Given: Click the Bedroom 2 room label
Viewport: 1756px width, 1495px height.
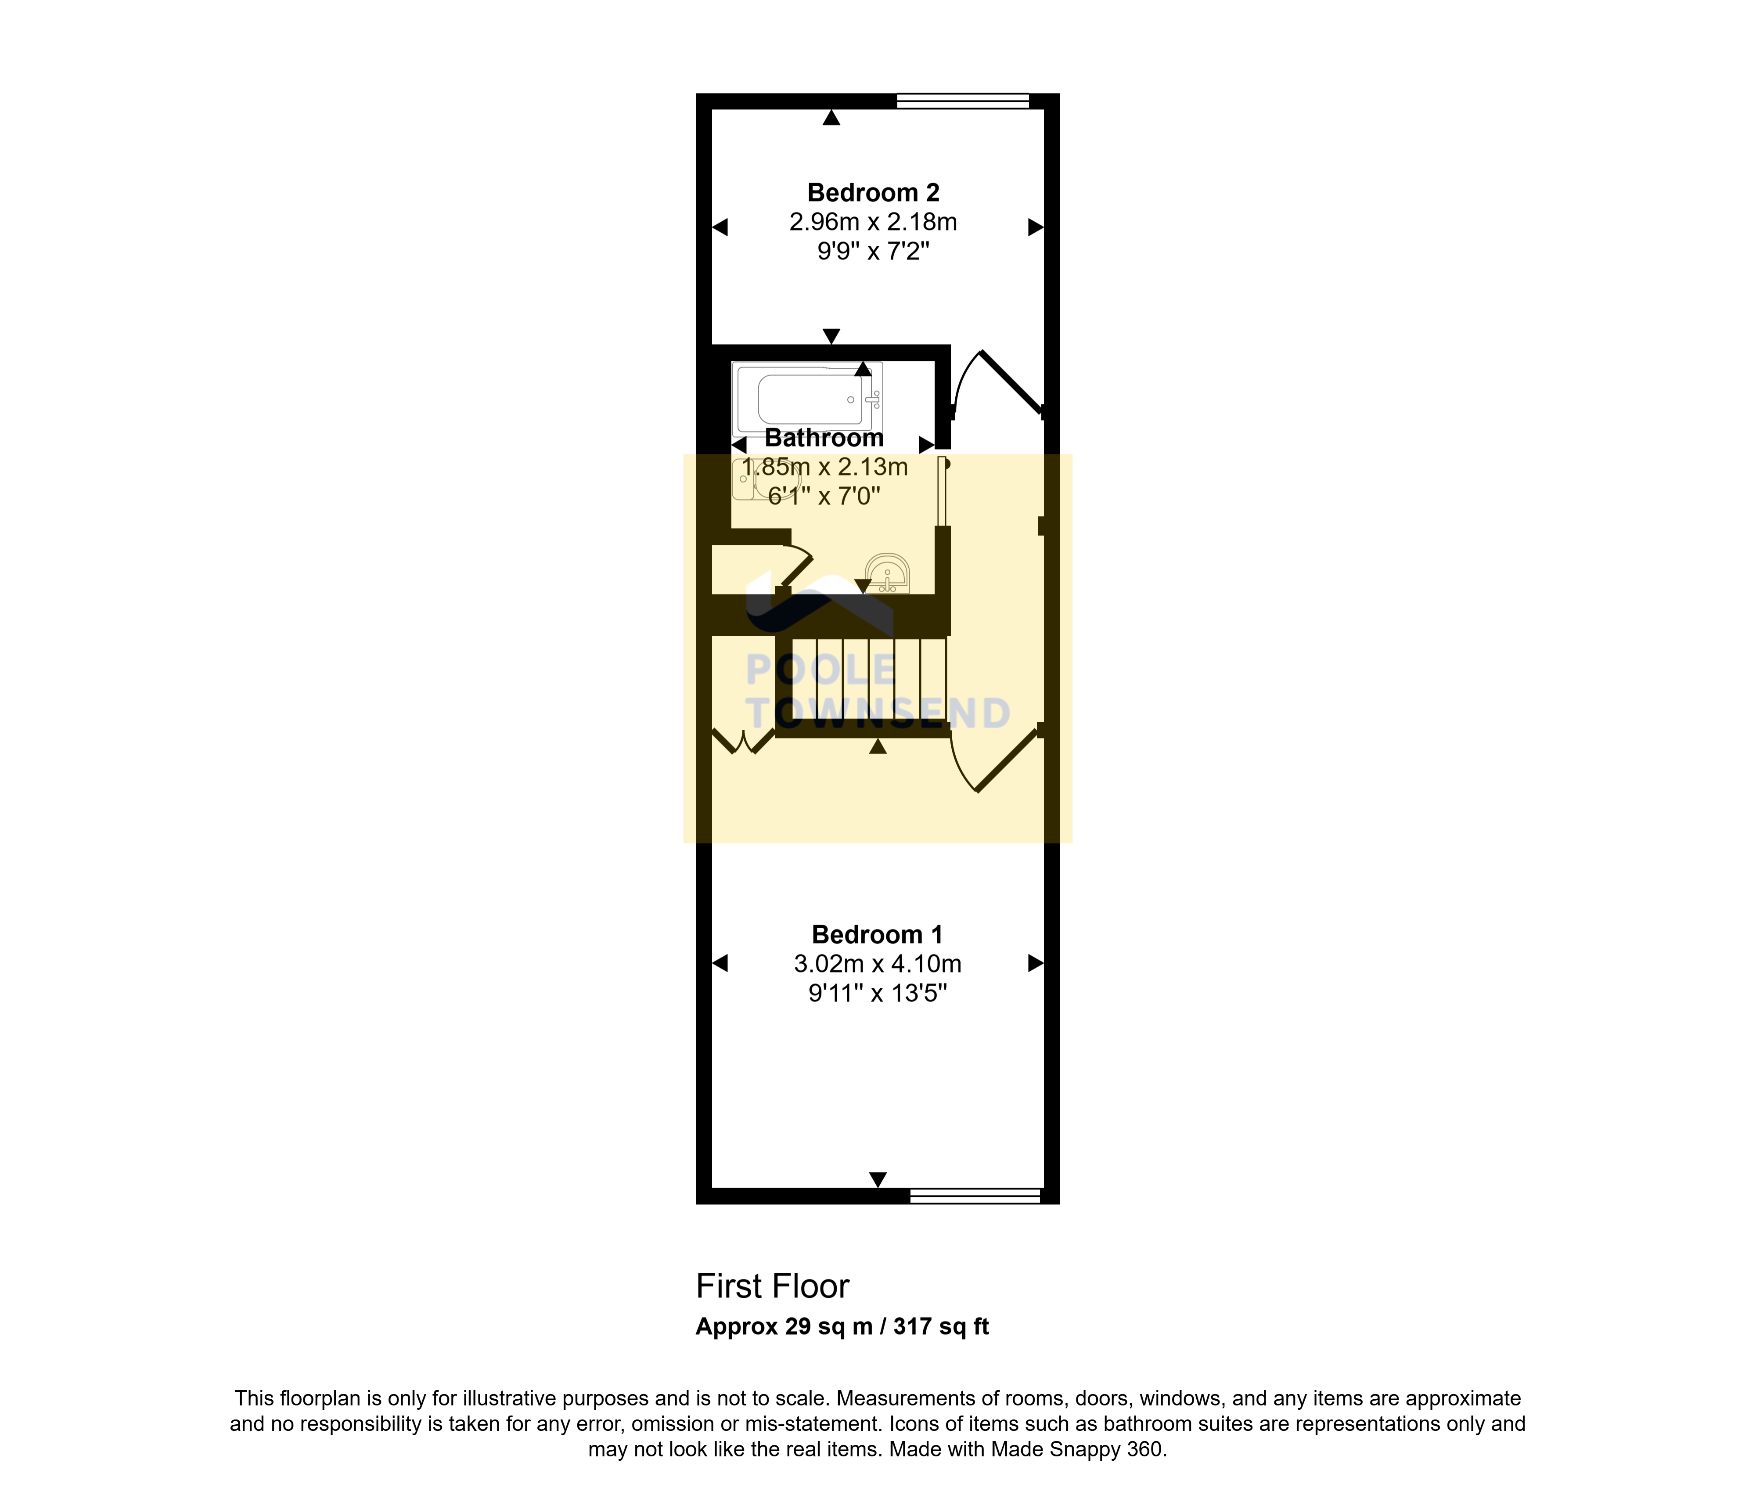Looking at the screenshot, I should click(873, 193).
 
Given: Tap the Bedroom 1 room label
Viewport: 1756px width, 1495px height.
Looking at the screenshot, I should click(877, 935).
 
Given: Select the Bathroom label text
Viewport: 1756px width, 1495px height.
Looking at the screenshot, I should click(824, 438).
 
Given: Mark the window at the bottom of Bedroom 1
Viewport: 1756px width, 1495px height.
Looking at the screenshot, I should click(975, 1196).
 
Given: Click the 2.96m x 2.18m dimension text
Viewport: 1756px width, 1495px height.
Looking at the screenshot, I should click(873, 222).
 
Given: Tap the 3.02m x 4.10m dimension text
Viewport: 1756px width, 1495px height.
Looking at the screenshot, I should click(877, 964).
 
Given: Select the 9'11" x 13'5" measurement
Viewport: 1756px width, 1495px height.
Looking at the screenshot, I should click(877, 993).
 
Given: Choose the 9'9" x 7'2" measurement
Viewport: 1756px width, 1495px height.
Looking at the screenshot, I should click(873, 252).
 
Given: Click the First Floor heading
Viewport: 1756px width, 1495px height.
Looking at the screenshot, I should click(772, 1286).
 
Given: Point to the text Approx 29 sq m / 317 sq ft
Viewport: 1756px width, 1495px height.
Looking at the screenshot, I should click(842, 1326).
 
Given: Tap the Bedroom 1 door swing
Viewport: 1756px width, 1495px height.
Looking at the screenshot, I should click(992, 759).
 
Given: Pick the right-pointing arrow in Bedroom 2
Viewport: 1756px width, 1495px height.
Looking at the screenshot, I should click(1035, 227).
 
